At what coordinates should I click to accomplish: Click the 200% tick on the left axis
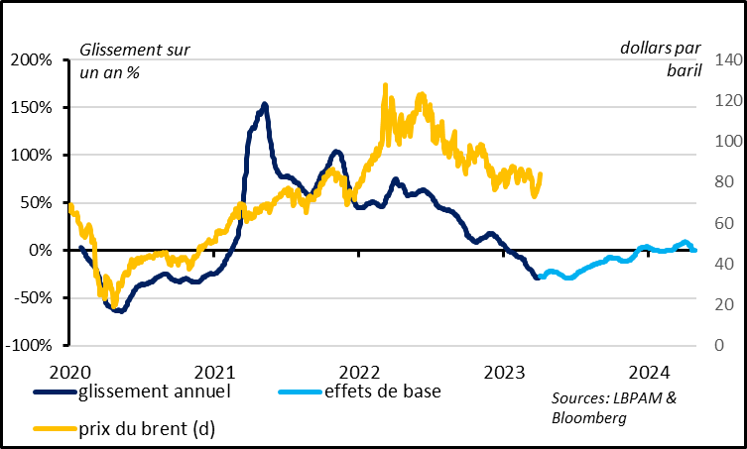click(33, 60)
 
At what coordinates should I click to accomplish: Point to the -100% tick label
click(31, 346)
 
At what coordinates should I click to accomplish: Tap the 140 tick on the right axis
click(720, 60)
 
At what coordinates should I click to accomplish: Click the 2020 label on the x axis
click(68, 372)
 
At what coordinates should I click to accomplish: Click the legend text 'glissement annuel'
click(154, 391)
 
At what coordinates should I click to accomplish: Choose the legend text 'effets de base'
click(382, 391)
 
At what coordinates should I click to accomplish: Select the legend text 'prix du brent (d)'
click(146, 428)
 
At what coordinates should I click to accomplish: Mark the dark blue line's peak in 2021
click(264, 104)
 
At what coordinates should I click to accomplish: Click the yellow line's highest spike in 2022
click(385, 86)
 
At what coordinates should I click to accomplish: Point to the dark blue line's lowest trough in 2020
click(119, 310)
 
